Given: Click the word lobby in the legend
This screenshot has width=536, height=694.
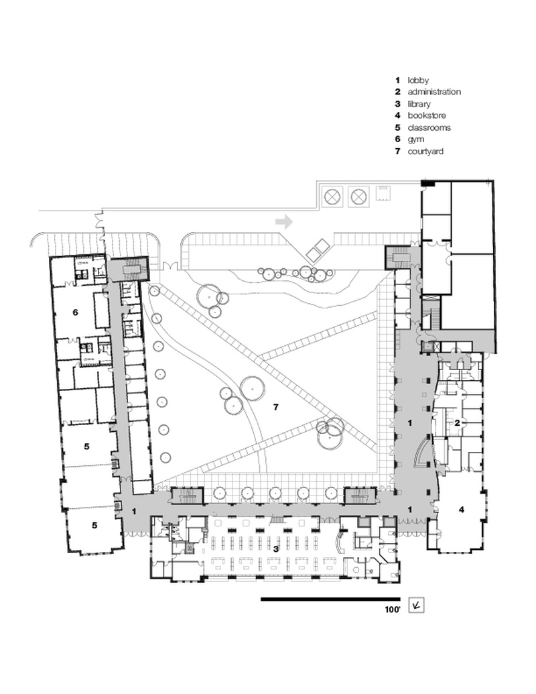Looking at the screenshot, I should coord(418,80).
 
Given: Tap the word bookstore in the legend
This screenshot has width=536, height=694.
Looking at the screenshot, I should coord(427,116).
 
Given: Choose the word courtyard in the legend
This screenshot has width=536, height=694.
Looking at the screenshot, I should coord(425,152).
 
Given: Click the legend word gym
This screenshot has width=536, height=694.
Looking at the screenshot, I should coord(416,139).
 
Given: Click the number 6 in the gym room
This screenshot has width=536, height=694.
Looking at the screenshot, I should coord(76,312).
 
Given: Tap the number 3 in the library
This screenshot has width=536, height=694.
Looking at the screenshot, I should coord(275,548).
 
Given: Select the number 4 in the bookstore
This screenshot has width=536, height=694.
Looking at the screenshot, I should coord(461,510).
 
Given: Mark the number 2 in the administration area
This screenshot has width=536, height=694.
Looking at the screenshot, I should coord(457,422).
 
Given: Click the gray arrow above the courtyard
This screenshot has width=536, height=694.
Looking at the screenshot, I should coord(285,221).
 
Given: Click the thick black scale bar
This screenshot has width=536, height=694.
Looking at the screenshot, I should coord(330,599).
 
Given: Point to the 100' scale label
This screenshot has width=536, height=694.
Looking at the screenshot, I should coord(392,610).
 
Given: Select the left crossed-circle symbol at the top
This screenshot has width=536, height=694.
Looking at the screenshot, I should coord(332,196).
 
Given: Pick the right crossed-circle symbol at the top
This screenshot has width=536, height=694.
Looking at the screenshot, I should coord(360,196).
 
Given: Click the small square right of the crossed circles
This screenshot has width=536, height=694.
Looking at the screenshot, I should coord(384,193).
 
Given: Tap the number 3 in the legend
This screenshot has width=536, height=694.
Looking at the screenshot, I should coord(397,104).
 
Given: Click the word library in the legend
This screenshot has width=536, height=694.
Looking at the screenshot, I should coord(419,104).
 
